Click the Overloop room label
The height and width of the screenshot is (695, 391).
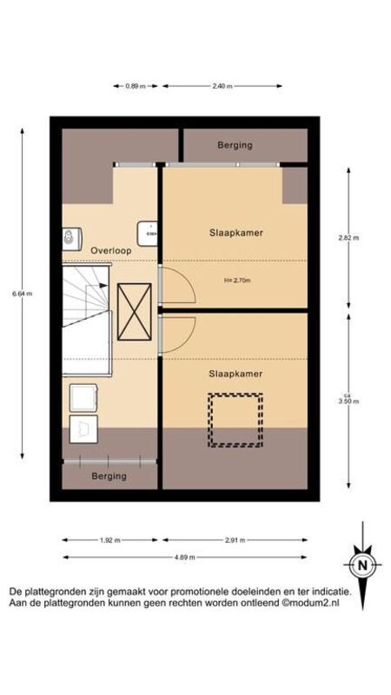tap(111, 250)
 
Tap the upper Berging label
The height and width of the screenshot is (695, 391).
tap(235, 145)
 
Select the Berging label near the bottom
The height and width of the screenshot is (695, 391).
tap(109, 476)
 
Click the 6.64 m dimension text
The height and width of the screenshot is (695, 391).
tap(23, 293)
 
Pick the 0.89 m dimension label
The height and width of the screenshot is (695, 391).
tap(136, 86)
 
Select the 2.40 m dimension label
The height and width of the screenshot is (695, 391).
tap(222, 86)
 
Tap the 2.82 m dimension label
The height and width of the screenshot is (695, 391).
tap(348, 237)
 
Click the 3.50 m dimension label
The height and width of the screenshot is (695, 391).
tap(348, 401)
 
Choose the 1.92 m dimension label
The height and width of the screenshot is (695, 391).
tap(110, 540)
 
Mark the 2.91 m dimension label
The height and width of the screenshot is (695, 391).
tap(235, 540)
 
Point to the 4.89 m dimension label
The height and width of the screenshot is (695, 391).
tap(185, 557)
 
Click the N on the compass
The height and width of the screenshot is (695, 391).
tap(362, 566)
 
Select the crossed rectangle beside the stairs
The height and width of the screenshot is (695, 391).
tap(135, 312)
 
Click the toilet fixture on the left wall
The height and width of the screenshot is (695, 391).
tap(71, 239)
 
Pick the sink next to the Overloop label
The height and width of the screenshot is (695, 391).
tap(147, 233)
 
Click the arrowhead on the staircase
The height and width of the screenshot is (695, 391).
tap(104, 286)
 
